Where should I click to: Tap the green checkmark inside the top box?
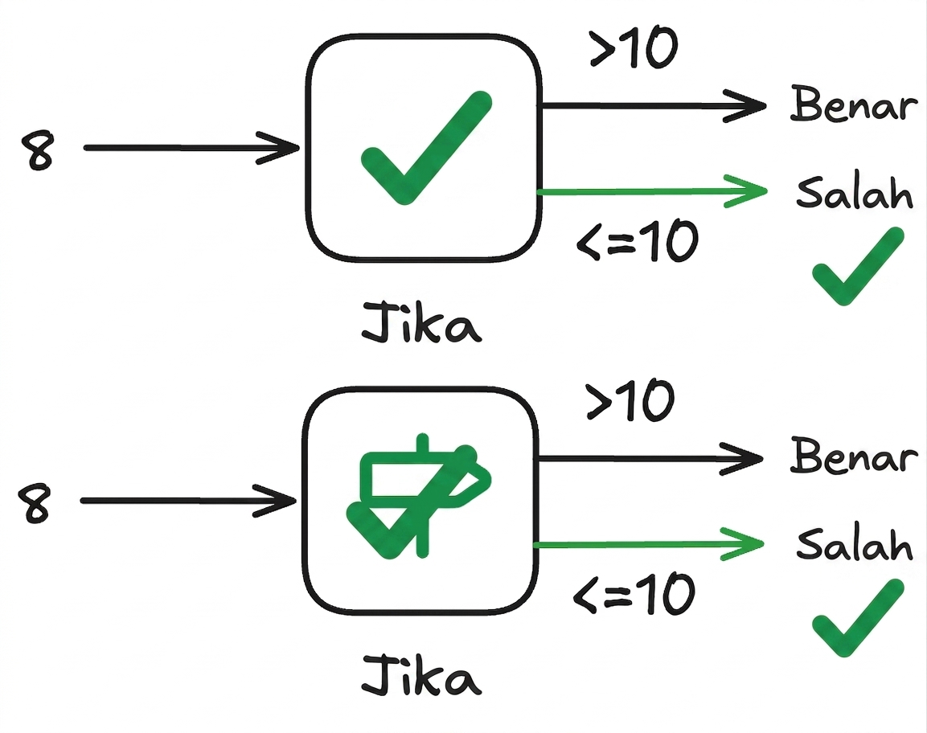pyautogui.click(x=425, y=148)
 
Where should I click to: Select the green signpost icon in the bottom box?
pyautogui.click(x=419, y=497)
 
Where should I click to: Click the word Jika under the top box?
pyautogui.click(x=421, y=322)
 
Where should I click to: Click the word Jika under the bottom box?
pyautogui.click(x=421, y=674)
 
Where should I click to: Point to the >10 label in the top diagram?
pyautogui.click(x=634, y=48)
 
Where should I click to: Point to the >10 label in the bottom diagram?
pyautogui.click(x=630, y=400)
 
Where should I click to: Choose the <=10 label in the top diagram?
pyautogui.click(x=638, y=240)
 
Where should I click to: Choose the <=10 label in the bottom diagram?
pyautogui.click(x=634, y=593)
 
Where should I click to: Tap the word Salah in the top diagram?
pyautogui.click(x=855, y=192)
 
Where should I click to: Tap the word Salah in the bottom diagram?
pyautogui.click(x=855, y=543)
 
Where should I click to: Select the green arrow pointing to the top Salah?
pyautogui.click(x=651, y=191)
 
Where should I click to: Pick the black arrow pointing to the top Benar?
pyautogui.click(x=654, y=106)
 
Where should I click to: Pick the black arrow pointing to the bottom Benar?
pyautogui.click(x=651, y=458)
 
